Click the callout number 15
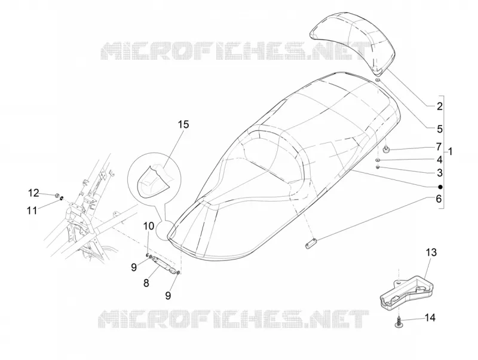pos(183,124)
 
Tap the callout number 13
pos(431,252)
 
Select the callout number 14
pos(430,318)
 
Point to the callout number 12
pos(34,193)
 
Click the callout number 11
pos(32,210)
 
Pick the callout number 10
pos(149,227)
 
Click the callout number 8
pos(146,283)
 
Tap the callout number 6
pos(439,199)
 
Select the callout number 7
pos(439,147)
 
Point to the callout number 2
pos(439,106)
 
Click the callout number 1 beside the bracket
pos(451,151)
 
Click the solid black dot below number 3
pos(440,187)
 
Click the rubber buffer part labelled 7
pos(387,150)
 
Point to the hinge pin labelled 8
pos(163,263)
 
